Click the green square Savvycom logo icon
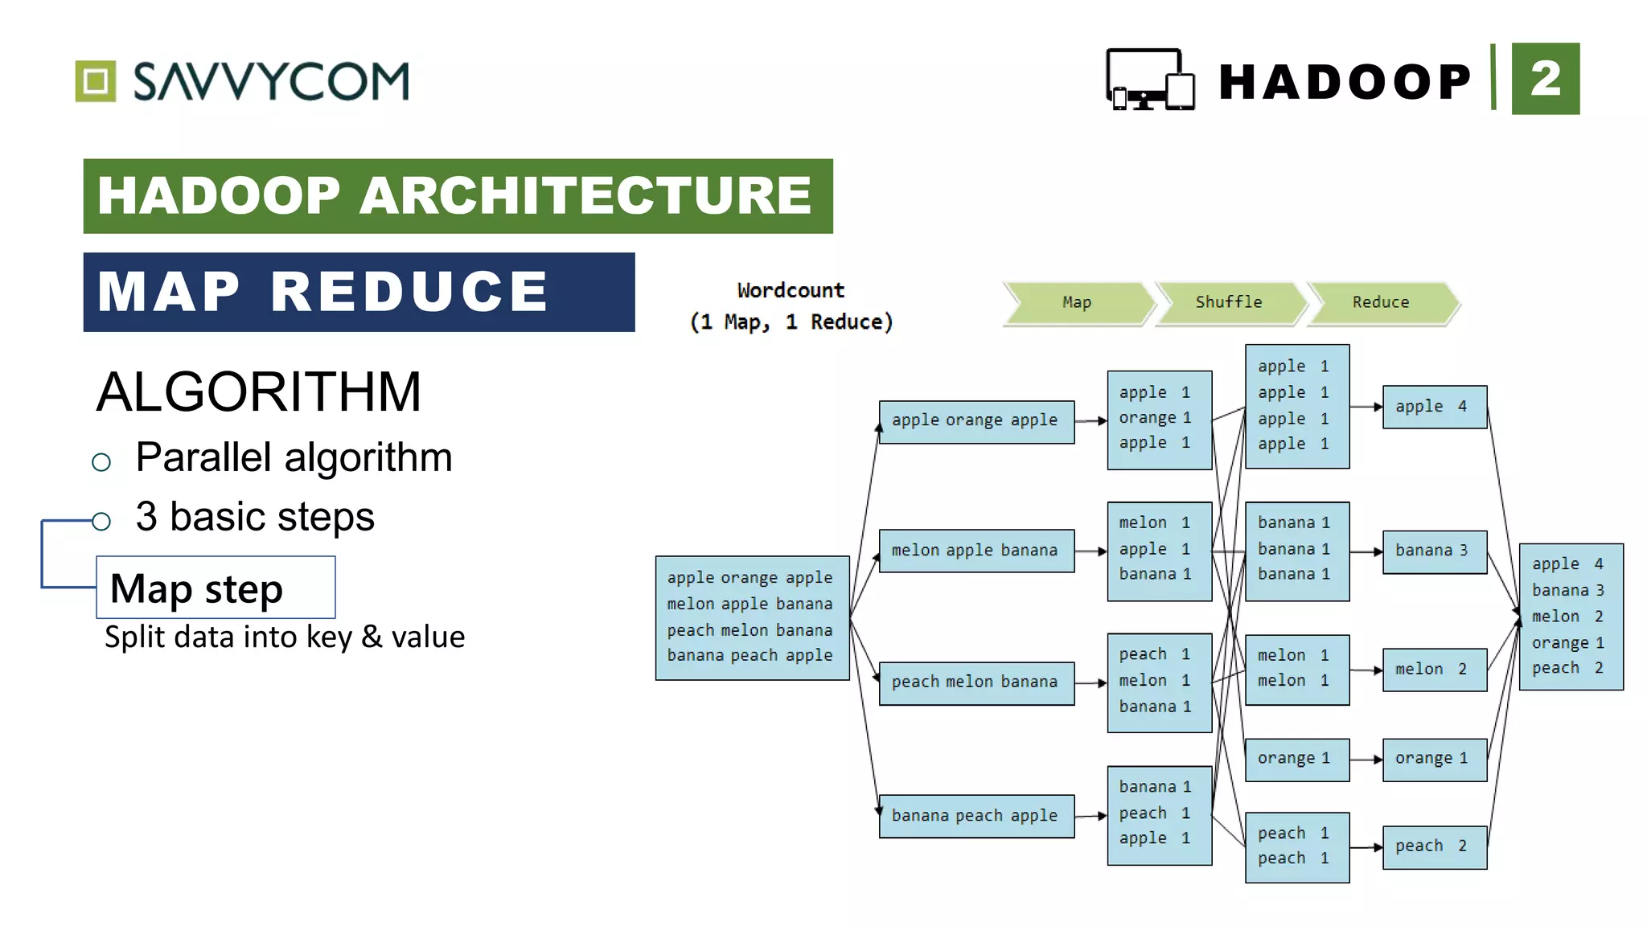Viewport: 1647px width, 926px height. (96, 81)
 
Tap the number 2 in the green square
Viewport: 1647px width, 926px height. (1545, 79)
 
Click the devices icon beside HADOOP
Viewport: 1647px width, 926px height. (1149, 80)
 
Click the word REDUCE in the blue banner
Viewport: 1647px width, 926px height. (409, 292)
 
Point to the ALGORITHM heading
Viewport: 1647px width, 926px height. (258, 392)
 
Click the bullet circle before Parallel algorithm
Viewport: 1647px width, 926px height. (101, 461)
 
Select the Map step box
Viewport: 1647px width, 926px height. (216, 588)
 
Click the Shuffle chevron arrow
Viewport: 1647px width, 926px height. (1228, 302)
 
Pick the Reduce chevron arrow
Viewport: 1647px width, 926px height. (1380, 302)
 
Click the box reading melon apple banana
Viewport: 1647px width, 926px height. (975, 551)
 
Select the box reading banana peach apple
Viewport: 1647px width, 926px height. (975, 816)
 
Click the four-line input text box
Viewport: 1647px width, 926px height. (751, 617)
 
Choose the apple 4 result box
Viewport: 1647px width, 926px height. (1434, 407)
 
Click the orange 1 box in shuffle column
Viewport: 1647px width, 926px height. (1296, 759)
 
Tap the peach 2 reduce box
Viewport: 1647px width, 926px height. (1434, 846)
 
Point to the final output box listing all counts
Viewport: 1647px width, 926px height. (1571, 617)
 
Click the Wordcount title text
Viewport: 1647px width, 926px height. (791, 291)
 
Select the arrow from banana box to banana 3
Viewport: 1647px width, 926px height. (1366, 551)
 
